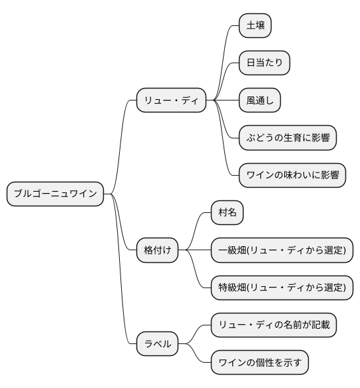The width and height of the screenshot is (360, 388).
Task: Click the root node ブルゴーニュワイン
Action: tap(55, 194)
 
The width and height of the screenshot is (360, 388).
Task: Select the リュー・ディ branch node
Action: tap(170, 101)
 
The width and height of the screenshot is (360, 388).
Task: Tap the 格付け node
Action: tap(157, 250)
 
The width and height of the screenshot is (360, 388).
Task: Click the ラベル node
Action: tap(158, 344)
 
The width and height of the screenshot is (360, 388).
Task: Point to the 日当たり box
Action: tap(264, 63)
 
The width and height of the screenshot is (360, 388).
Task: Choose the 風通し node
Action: tap(260, 101)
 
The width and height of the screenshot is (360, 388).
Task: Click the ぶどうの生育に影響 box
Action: tap(287, 138)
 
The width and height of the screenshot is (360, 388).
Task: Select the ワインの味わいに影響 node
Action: tap(292, 176)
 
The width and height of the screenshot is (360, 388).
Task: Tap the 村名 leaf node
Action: tap(227, 213)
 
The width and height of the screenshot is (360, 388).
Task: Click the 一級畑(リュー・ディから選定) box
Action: tap(281, 250)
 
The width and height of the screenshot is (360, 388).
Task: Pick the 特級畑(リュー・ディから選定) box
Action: tap(281, 288)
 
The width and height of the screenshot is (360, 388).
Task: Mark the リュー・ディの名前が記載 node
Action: tap(273, 325)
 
